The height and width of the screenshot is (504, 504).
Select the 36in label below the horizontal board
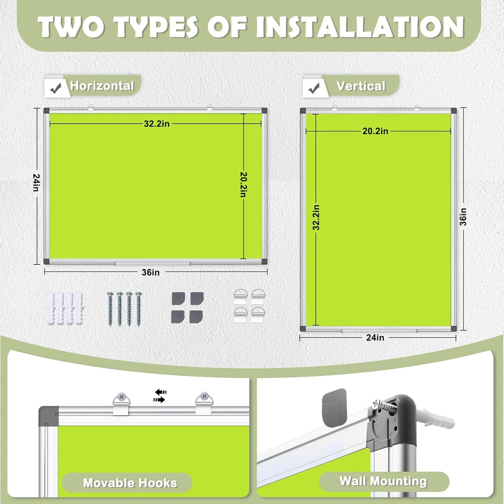click(x=151, y=272)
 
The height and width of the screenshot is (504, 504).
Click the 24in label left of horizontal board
click(x=36, y=182)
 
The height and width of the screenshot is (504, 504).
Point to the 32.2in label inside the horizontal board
click(x=157, y=124)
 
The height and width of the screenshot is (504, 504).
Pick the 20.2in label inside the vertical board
click(x=375, y=131)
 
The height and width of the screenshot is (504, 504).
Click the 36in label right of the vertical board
click(x=463, y=217)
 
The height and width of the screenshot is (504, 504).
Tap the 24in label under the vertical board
click(x=375, y=338)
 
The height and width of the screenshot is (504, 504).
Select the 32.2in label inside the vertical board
click(x=316, y=218)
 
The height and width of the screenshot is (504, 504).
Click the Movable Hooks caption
click(x=130, y=483)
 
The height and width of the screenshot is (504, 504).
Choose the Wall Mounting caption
click(x=383, y=481)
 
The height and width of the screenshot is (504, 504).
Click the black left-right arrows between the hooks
click(x=160, y=396)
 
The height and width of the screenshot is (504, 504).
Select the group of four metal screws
click(x=125, y=309)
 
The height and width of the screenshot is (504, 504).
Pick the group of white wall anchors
click(x=65, y=308)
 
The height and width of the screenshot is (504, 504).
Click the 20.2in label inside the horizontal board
click(x=243, y=185)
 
